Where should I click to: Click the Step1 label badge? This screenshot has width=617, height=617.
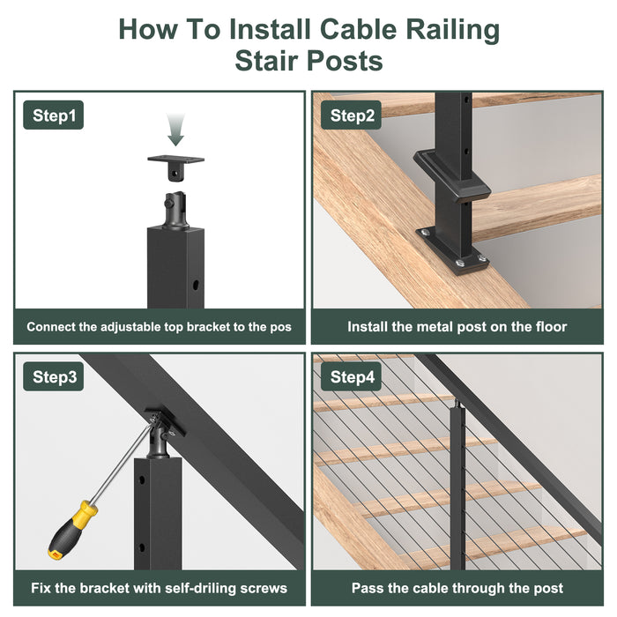click(x=53, y=115)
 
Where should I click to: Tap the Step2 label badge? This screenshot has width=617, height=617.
click(x=353, y=115)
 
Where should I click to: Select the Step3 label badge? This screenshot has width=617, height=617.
click(x=53, y=377)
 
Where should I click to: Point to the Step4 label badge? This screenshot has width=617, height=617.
click(x=353, y=377)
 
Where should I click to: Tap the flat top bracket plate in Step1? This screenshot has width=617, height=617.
click(x=176, y=161)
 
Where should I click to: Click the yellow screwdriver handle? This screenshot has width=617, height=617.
click(x=71, y=530)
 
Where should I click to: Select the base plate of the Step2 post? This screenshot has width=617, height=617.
click(x=451, y=249)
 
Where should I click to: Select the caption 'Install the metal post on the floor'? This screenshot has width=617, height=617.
click(x=457, y=326)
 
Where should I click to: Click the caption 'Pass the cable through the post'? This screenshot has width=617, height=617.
click(x=457, y=588)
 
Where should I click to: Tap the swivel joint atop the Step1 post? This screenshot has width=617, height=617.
click(x=175, y=210)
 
